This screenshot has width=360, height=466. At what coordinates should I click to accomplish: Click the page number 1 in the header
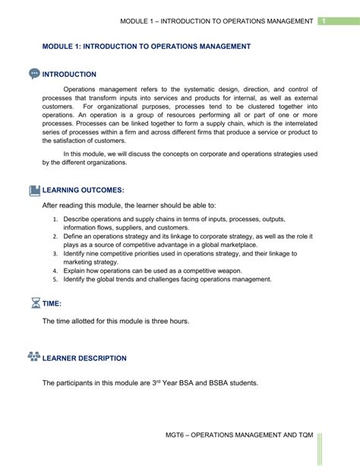(324, 20)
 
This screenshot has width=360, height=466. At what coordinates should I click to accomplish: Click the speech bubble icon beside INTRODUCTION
(34, 74)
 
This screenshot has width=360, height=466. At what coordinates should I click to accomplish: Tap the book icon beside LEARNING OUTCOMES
(34, 190)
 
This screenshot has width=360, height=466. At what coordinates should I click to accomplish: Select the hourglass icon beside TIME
(34, 303)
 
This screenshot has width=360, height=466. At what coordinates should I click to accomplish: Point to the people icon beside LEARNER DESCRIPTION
(33, 357)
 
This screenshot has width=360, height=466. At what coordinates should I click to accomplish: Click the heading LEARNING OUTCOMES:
(84, 190)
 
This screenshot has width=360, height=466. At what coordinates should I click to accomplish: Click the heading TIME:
(57, 303)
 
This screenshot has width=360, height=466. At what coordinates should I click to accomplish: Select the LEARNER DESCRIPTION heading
(85, 358)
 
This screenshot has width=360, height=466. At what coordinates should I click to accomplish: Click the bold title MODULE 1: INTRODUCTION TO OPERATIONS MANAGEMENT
(147, 46)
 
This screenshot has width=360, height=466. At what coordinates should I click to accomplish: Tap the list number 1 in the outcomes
(56, 220)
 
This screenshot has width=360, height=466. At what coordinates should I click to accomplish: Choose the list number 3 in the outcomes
(56, 253)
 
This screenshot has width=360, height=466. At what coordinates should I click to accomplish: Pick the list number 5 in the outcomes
(56, 279)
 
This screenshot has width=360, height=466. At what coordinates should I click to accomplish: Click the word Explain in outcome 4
(76, 270)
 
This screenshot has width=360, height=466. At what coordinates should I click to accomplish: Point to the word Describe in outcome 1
(78, 220)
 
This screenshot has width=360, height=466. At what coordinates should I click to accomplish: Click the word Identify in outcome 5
(76, 279)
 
